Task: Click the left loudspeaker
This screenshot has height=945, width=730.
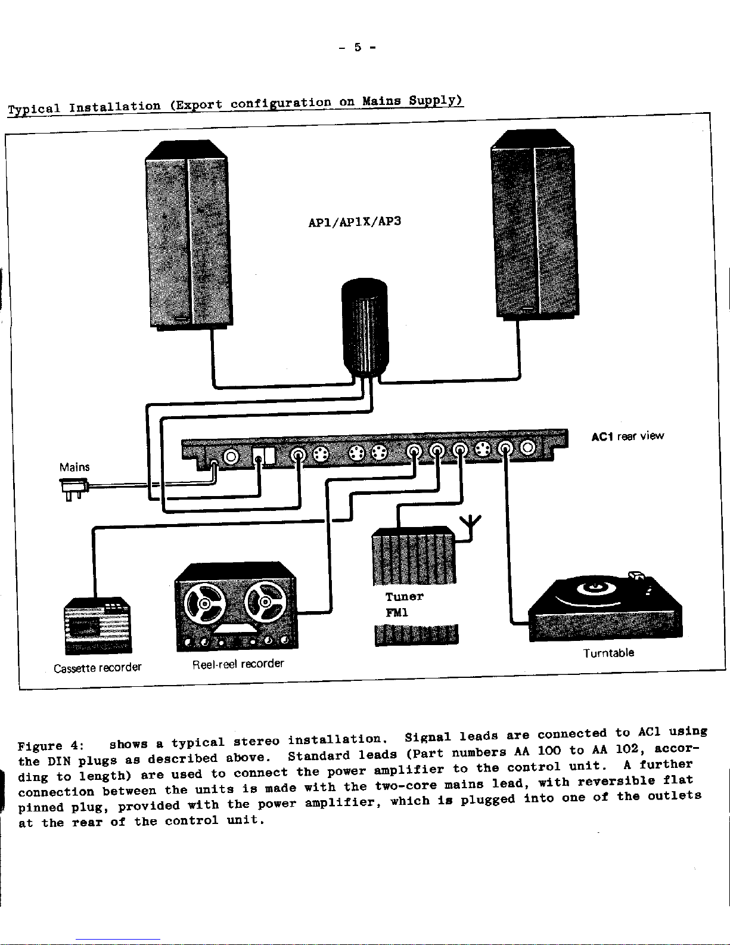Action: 188,236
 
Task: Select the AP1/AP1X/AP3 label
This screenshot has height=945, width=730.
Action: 355,222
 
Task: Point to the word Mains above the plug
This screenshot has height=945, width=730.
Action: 74,467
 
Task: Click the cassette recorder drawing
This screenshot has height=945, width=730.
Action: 98,625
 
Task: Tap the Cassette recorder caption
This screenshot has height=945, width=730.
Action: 98,667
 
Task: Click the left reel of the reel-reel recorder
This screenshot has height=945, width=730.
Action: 204,603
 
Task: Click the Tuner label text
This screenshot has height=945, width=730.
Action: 404,597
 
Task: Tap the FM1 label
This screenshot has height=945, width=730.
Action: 397,613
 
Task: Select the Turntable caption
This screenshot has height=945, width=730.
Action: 608,653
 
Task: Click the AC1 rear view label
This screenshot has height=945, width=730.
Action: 627,436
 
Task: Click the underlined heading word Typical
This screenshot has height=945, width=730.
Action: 33,109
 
